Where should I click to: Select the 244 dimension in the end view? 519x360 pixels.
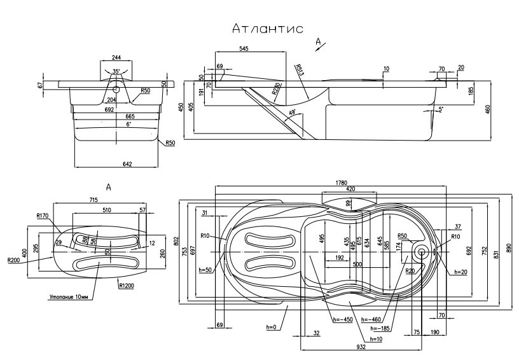(116, 57)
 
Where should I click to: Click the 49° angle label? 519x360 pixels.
(293, 114)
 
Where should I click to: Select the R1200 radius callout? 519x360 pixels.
(127, 286)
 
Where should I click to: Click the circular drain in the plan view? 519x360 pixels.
(420, 251)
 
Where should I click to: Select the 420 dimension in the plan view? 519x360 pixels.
(350, 190)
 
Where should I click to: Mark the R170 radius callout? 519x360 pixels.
(43, 216)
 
